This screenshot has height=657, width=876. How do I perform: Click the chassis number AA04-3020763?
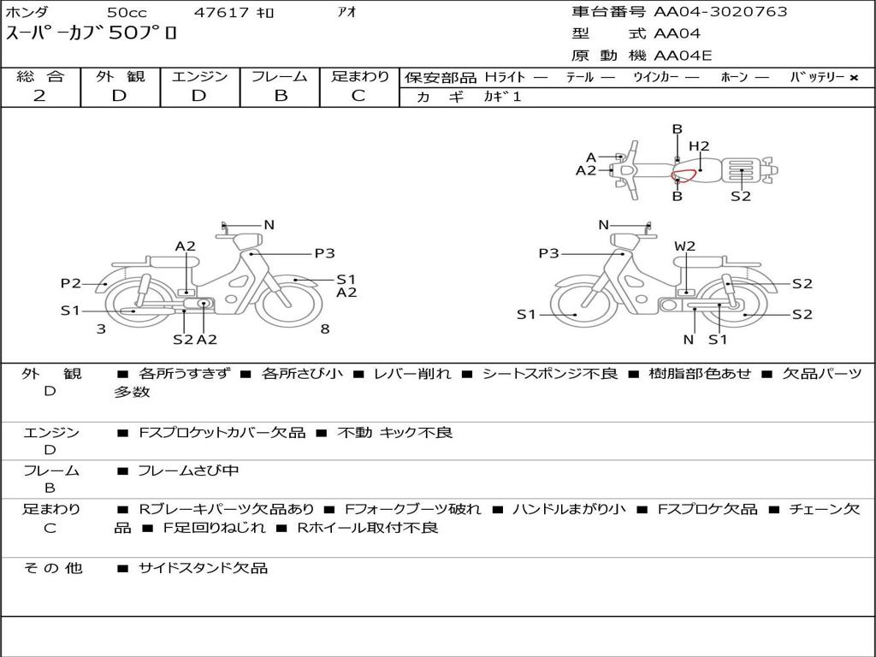point(720,12)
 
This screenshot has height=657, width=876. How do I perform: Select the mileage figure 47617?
point(222,12)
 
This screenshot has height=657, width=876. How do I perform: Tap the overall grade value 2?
point(39,96)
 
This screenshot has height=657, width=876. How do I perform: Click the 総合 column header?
point(40,76)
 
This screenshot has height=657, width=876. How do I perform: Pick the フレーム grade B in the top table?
point(281,96)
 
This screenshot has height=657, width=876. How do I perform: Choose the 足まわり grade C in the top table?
point(358,96)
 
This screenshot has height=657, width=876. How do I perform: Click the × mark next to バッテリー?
point(854,78)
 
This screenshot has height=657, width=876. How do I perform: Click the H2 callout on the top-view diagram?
point(699,146)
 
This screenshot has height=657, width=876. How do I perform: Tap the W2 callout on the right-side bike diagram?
point(684,246)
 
